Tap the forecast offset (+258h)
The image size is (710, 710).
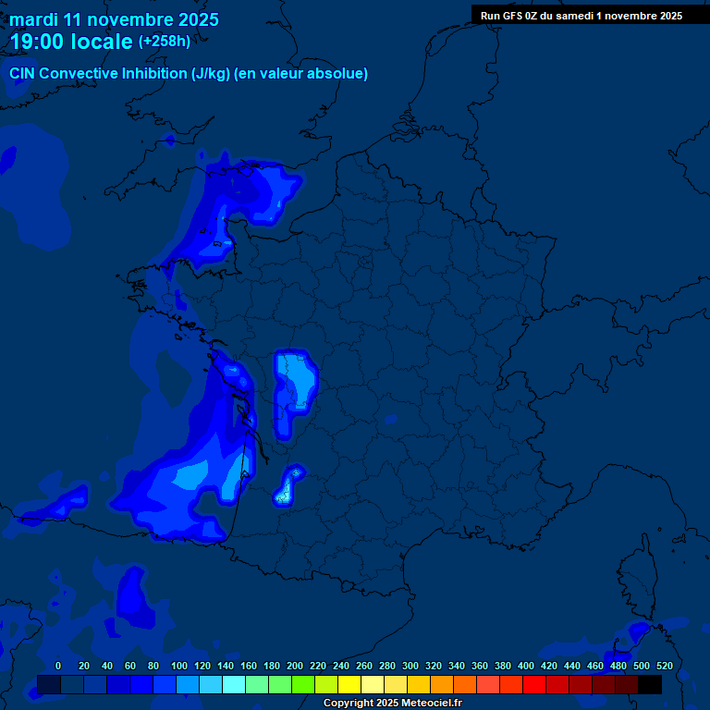(165, 42)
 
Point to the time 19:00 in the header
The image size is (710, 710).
(42, 42)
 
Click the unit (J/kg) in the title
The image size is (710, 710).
(211, 74)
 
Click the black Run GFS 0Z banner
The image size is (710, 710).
(581, 15)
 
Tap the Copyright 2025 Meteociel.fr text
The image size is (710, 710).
(392, 704)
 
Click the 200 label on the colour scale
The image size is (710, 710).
(294, 666)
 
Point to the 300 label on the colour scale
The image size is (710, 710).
(410, 666)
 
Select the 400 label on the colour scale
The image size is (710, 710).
(525, 666)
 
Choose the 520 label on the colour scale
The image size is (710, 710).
(664, 666)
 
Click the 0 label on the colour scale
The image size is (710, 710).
(58, 666)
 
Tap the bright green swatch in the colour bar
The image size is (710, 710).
(303, 685)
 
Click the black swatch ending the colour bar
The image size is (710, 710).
(650, 685)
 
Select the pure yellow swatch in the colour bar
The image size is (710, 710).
(349, 685)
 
